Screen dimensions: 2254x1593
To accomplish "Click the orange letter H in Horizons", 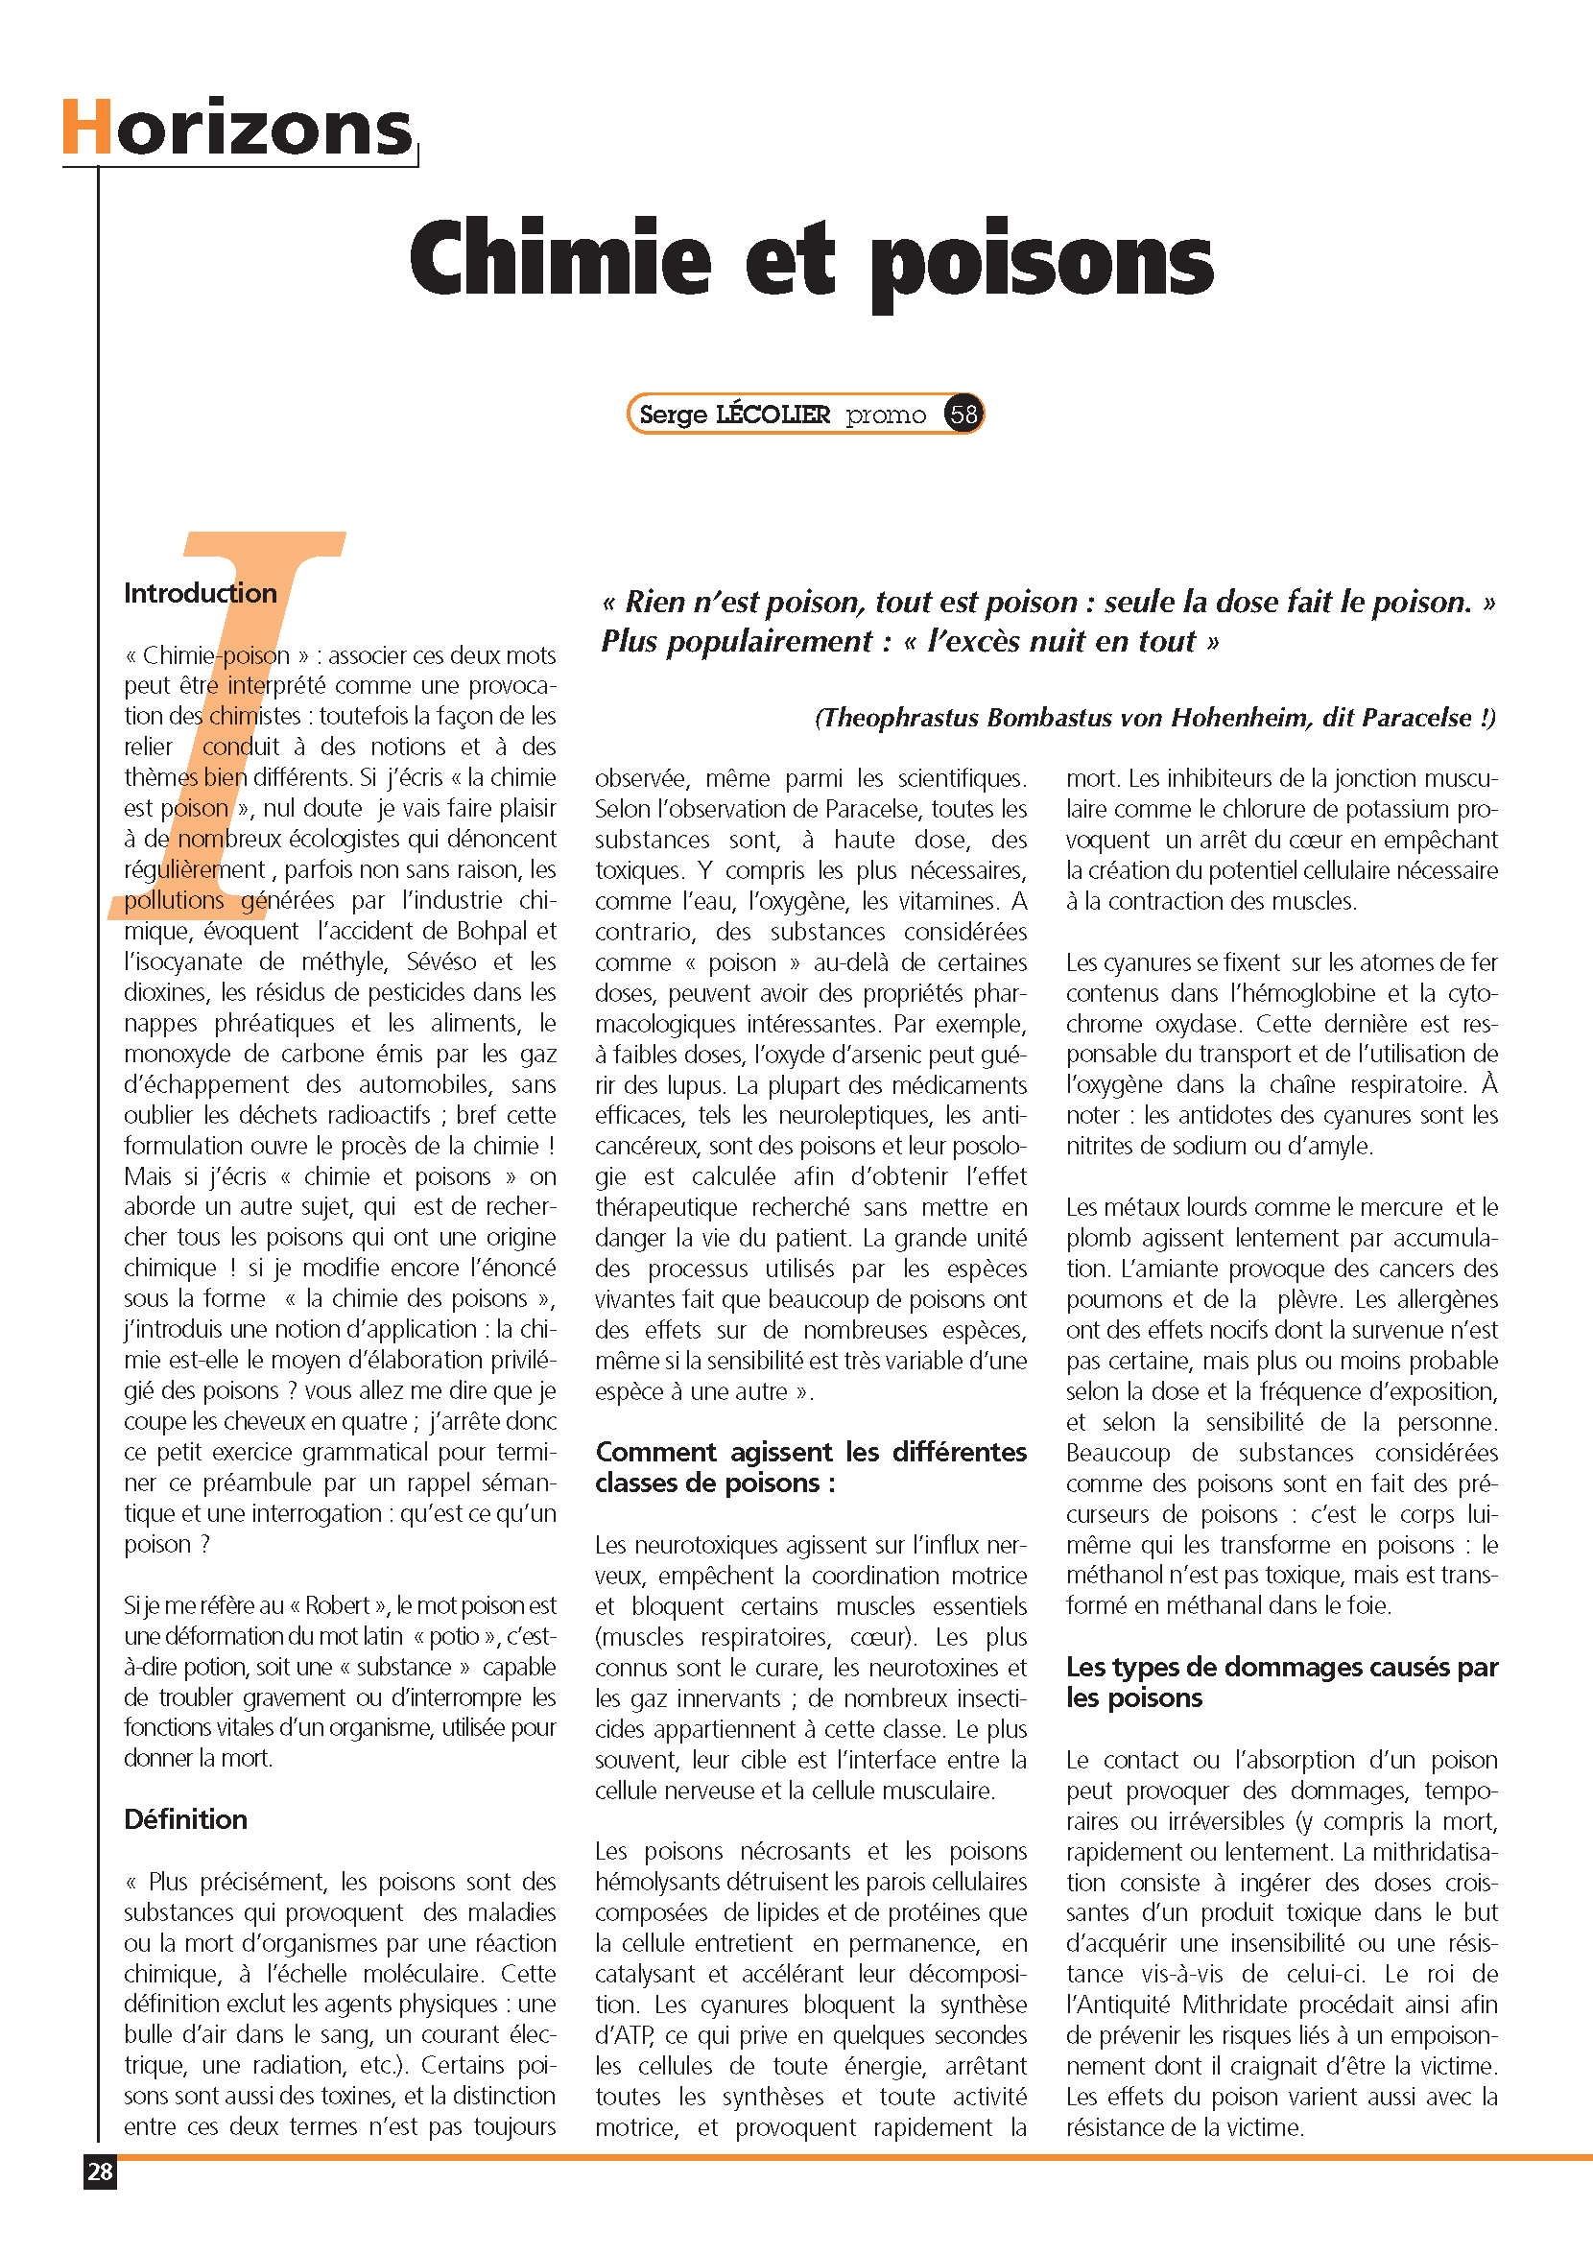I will [86, 128].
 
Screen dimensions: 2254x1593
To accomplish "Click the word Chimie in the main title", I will [559, 257].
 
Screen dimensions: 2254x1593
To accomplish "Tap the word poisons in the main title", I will [1041, 260].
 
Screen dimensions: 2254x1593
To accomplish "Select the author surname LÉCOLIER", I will [773, 415].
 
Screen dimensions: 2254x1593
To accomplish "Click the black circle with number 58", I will [963, 415].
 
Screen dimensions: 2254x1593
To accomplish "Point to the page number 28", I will [100, 2171].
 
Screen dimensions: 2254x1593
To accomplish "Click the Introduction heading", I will [201, 593].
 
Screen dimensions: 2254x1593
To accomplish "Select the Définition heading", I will [185, 1819].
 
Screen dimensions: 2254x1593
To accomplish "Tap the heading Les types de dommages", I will [1281, 1682].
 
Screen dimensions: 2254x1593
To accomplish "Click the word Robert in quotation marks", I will [337, 1605].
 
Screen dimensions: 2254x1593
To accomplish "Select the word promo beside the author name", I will [886, 415].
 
